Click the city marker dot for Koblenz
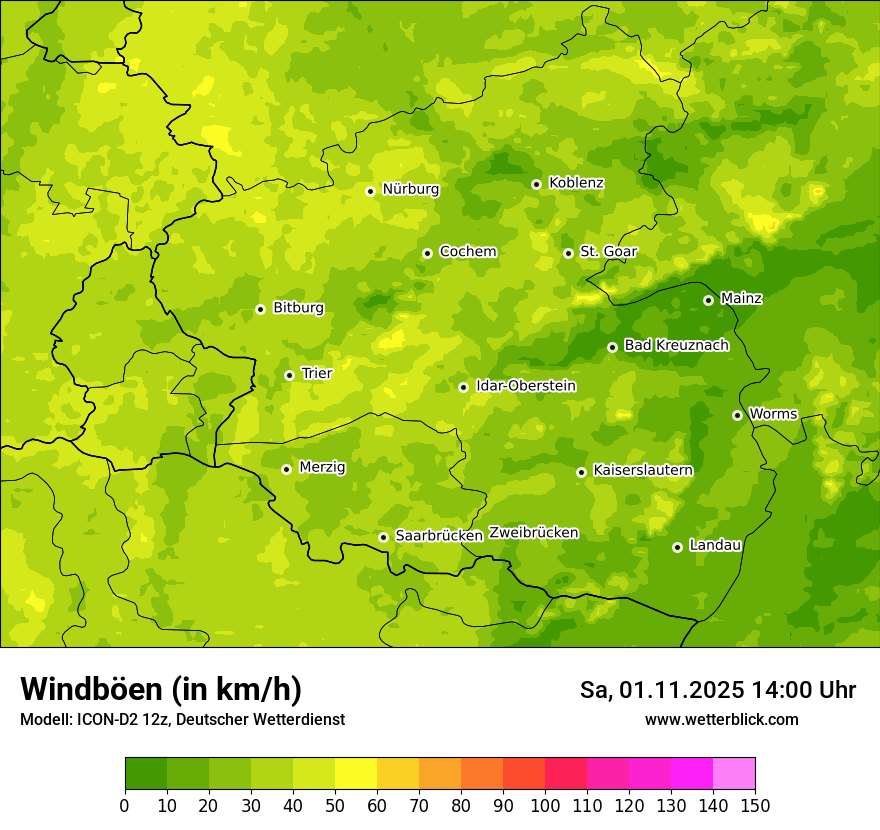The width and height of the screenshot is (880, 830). point(536,184)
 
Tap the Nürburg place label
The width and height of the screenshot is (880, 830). point(410,189)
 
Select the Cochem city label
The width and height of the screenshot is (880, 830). point(467,252)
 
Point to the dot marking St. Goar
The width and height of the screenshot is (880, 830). point(568,253)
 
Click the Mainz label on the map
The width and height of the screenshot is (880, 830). point(741,298)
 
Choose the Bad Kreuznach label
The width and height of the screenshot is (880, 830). point(676,345)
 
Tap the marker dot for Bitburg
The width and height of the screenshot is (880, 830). point(260,309)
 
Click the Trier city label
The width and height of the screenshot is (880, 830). point(316,373)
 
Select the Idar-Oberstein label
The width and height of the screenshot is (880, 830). point(525,386)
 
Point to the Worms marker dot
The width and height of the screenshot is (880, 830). point(737,415)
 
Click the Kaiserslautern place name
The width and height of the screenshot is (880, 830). point(642,470)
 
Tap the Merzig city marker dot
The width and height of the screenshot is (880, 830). point(286,469)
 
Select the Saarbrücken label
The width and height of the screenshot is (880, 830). point(439,536)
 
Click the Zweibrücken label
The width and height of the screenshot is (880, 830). point(533,533)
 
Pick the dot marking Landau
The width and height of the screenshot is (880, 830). point(677,547)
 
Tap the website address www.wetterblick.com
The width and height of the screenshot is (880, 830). point(721,719)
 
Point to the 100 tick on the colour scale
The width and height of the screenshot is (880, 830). point(544,805)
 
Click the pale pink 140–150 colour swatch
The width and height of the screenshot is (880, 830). point(734,774)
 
